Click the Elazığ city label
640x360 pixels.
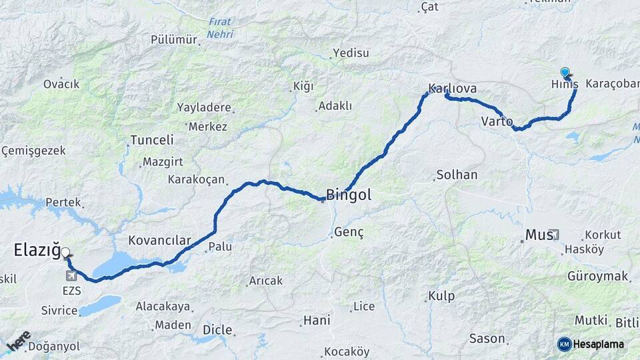click(x=37, y=249)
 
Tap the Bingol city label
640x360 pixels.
click(x=348, y=195)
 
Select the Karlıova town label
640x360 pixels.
click(x=452, y=88)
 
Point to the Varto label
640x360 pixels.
click(x=497, y=121)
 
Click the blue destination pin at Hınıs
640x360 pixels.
click(x=565, y=72)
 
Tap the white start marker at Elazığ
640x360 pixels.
click(x=65, y=253)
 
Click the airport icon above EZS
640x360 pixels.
click(x=71, y=275)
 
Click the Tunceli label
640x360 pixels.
click(x=152, y=140)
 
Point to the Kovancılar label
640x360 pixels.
click(x=159, y=240)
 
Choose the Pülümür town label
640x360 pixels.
click(x=174, y=40)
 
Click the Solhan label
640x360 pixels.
click(x=457, y=175)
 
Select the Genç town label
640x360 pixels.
click(x=347, y=232)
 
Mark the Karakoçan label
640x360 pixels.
click(x=196, y=179)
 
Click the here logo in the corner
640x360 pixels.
click(x=18, y=340)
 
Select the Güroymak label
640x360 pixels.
click(x=598, y=275)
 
